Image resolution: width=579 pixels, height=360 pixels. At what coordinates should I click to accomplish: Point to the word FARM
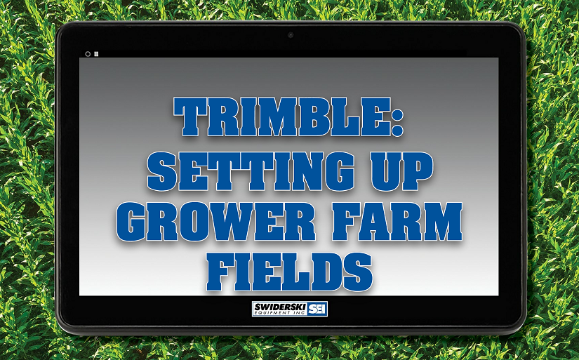tap(397, 222)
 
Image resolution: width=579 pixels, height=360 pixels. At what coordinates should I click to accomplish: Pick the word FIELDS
tap(289, 272)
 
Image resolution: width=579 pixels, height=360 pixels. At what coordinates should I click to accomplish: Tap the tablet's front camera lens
tap(291, 35)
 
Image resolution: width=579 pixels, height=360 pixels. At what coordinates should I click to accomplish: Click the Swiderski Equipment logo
tap(290, 309)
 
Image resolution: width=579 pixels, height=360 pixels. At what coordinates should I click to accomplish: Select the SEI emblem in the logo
tap(317, 309)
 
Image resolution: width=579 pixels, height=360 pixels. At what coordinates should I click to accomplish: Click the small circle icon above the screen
tap(88, 54)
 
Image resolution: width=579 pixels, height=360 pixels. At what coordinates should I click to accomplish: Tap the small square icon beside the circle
tap(96, 54)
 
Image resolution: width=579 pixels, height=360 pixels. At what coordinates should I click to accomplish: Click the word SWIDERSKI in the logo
tap(280, 307)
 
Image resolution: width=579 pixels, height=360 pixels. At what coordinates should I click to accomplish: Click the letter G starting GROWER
tap(134, 222)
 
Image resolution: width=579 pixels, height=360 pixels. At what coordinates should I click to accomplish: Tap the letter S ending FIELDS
tap(357, 272)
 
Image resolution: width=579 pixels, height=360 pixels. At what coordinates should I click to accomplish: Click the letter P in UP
tap(415, 171)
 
